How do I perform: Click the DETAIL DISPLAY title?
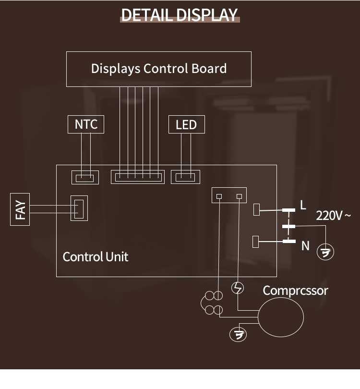180,15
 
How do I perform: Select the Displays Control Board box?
158,69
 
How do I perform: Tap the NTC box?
86,124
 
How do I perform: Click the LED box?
186,125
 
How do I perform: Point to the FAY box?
20,209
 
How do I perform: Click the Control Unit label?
96,256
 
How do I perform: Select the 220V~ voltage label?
333,215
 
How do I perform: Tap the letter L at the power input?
303,205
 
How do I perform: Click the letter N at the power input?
305,246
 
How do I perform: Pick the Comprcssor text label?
295,290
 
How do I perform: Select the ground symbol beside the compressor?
238,334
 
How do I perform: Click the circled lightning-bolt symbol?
238,288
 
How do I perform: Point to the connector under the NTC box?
85,177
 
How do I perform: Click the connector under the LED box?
186,177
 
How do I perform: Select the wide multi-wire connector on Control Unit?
137,177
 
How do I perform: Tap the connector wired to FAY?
79,208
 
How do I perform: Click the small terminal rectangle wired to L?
256,210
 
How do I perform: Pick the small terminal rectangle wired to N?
256,241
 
